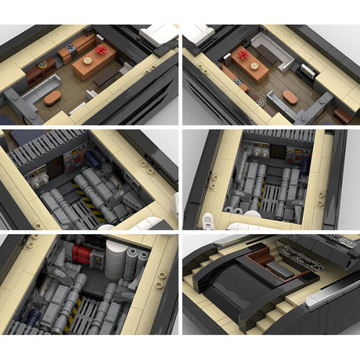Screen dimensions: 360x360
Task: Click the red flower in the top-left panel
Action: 100,50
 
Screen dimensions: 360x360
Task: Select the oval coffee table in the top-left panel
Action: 52,98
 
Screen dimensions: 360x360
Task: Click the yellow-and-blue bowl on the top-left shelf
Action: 41,63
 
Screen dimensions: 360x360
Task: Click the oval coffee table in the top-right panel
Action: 290,96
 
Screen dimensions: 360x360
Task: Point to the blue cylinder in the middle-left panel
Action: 92,159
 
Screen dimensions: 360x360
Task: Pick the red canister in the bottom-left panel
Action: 81,252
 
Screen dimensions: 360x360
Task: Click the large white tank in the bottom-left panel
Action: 114,255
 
